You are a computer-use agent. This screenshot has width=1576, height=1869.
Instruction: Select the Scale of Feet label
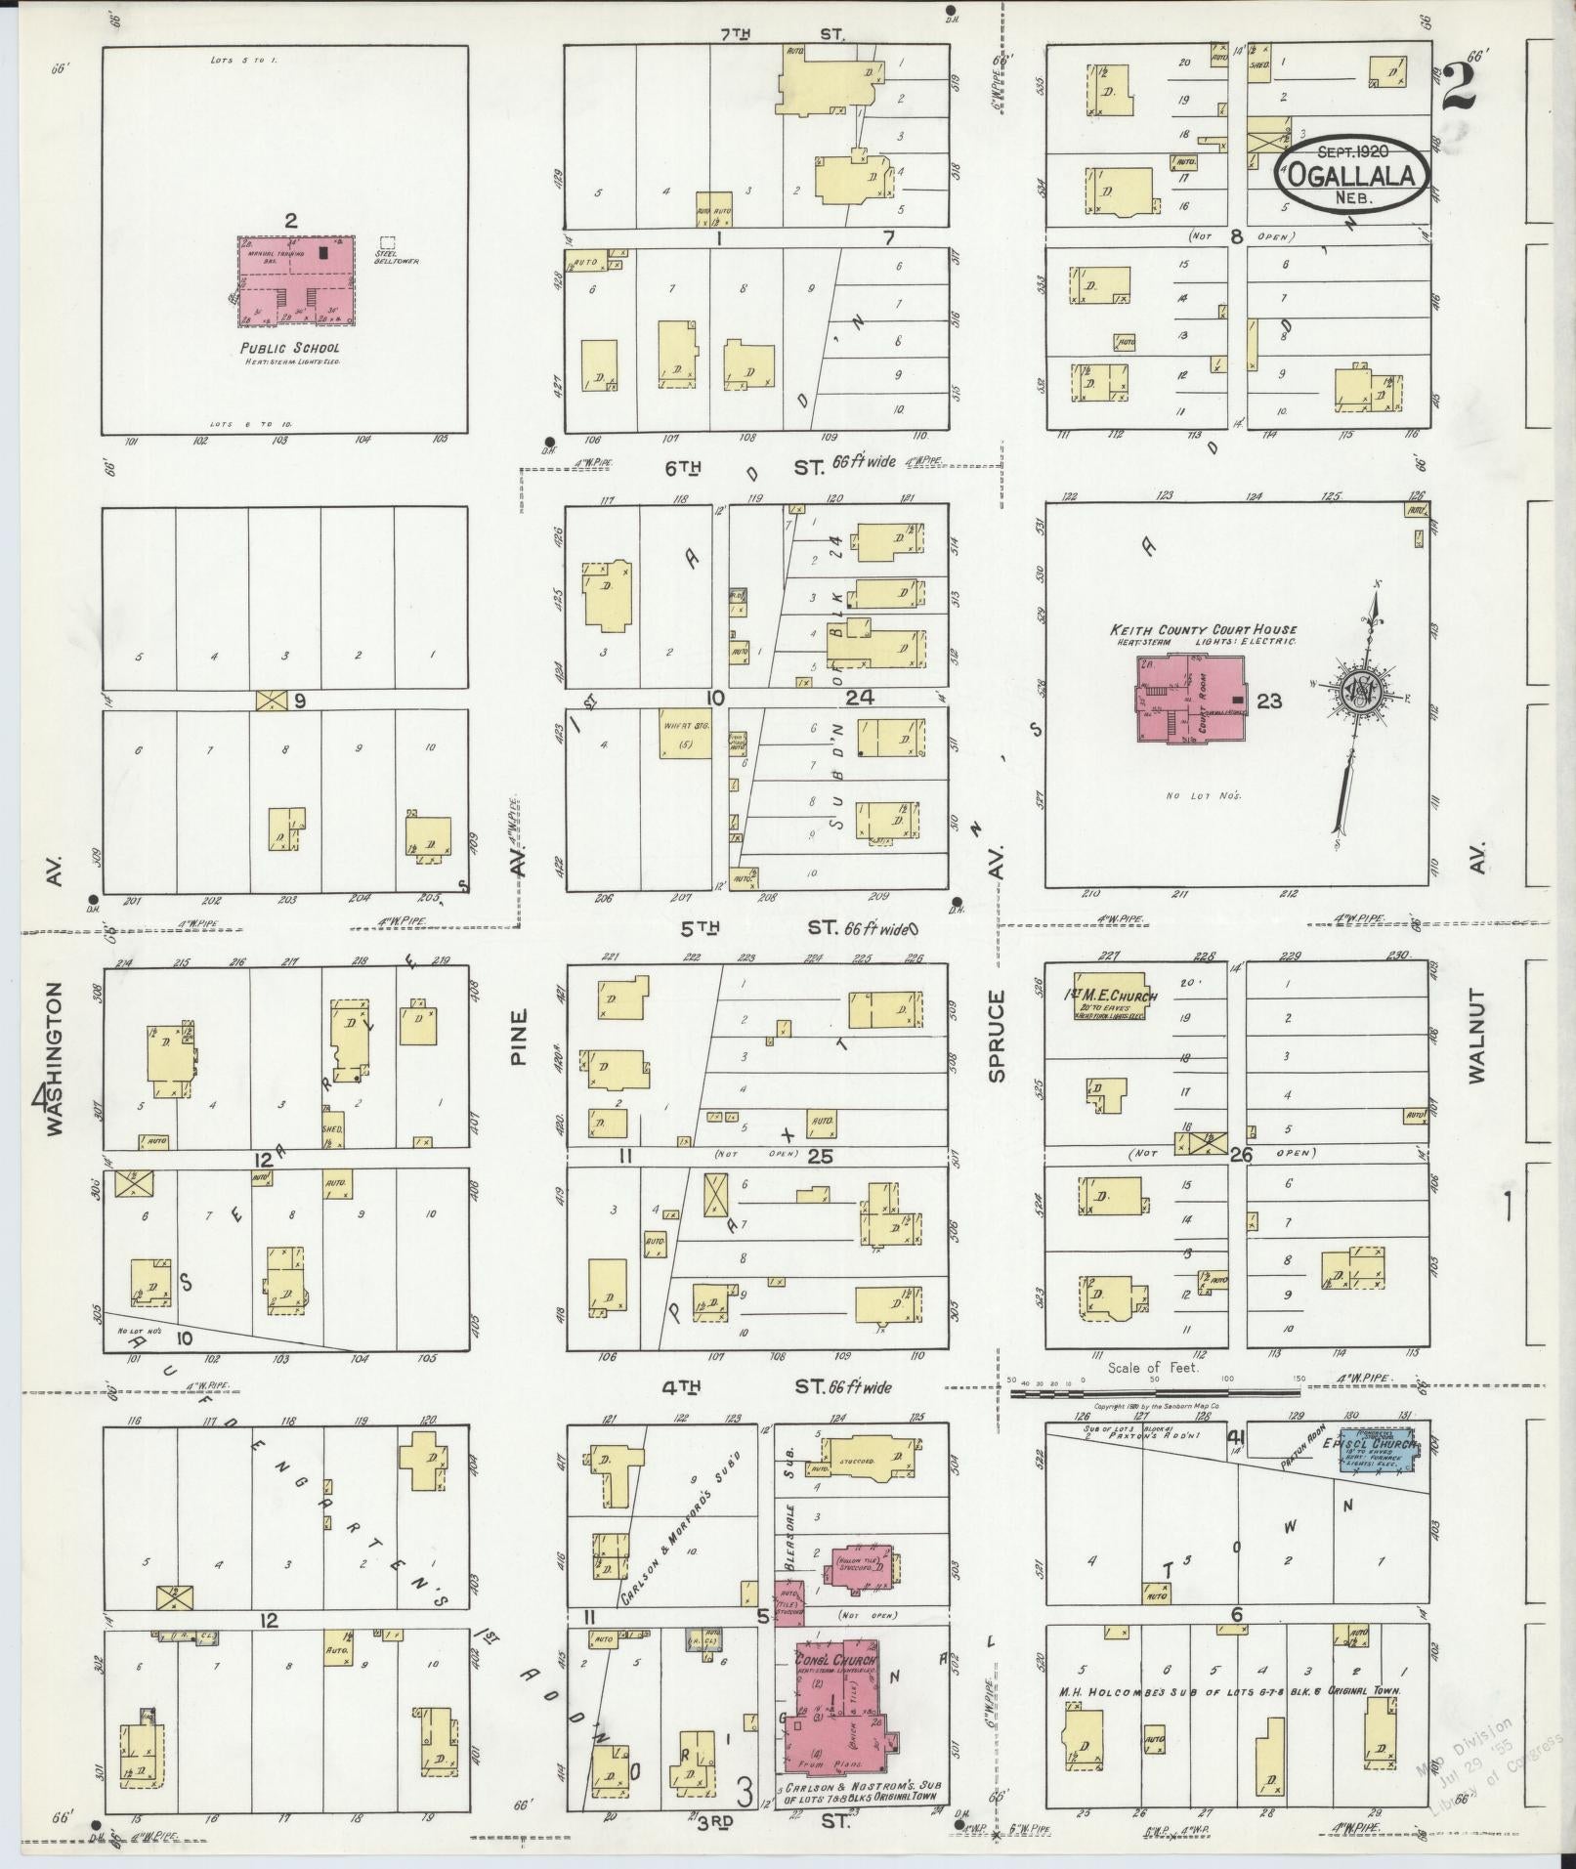point(1153,1367)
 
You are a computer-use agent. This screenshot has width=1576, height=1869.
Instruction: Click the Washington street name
point(53,1057)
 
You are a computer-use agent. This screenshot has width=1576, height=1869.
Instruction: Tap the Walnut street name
point(1474,1036)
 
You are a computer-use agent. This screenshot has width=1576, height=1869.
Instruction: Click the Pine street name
point(517,1036)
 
